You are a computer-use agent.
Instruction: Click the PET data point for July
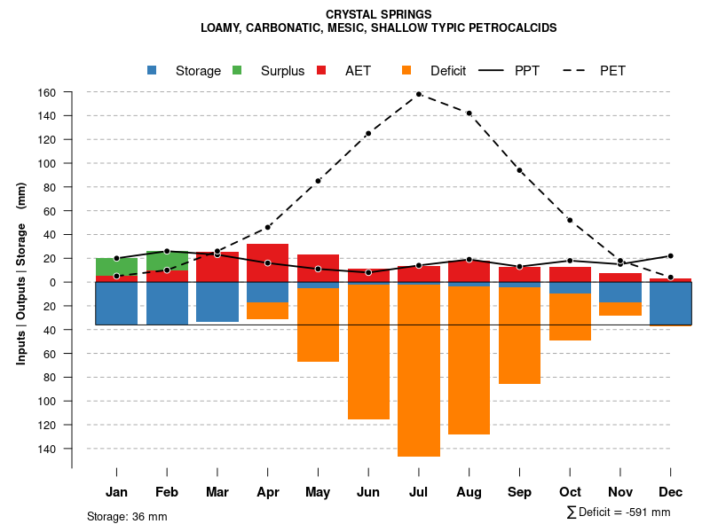[x=419, y=94]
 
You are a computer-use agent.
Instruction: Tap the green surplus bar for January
[x=116, y=267]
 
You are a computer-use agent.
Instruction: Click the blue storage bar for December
[x=670, y=303]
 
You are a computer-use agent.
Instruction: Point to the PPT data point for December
[x=671, y=256]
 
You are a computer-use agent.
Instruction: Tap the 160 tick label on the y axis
[x=47, y=92]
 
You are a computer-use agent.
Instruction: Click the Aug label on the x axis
[x=469, y=492]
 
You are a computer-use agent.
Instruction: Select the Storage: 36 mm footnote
[x=127, y=516]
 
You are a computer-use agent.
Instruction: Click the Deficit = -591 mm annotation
[x=619, y=512]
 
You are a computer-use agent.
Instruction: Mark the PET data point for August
[x=469, y=113]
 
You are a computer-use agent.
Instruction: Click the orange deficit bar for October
[x=570, y=317]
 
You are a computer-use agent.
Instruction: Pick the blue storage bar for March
[x=217, y=301]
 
